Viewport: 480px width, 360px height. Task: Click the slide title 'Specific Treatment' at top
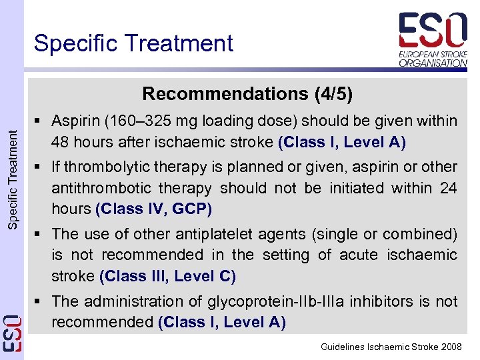[x=133, y=43]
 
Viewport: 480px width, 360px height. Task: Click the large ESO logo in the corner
[x=433, y=31]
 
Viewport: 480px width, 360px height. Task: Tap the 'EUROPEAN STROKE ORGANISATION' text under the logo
[x=433, y=58]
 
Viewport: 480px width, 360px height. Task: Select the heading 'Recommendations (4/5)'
[x=247, y=93]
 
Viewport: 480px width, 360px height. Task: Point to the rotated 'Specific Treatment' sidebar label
[x=13, y=179]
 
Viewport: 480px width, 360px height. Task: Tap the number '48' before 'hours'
[x=62, y=141]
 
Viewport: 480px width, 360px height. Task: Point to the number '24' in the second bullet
[x=448, y=188]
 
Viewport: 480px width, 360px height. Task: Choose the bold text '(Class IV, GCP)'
[x=154, y=209]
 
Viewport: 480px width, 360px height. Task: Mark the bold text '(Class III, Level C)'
[x=167, y=275]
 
